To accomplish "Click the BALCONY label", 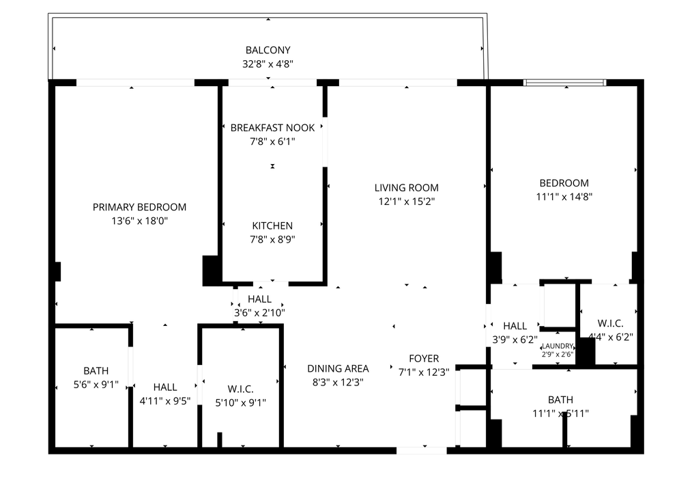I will click(x=268, y=50).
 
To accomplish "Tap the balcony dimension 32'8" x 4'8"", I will click(x=268, y=64).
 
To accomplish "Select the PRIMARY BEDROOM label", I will click(x=139, y=207).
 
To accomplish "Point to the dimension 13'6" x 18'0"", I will click(x=139, y=221).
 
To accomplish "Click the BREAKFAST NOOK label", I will click(x=272, y=128).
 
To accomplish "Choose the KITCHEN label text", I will click(x=272, y=225).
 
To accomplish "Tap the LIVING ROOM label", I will click(x=406, y=187).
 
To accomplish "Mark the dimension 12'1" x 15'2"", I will click(x=406, y=202).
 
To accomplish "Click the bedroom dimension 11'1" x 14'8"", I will click(x=564, y=197).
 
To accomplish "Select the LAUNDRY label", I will click(x=558, y=346).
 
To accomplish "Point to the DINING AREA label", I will click(x=338, y=368).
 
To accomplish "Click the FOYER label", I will click(x=424, y=358).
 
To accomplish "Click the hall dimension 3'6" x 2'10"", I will click(x=259, y=313).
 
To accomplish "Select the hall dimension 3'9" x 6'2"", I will click(x=515, y=339).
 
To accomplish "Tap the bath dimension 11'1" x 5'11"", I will click(x=560, y=413).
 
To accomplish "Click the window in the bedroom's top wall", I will click(x=564, y=83).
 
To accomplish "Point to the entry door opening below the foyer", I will click(x=422, y=450).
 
